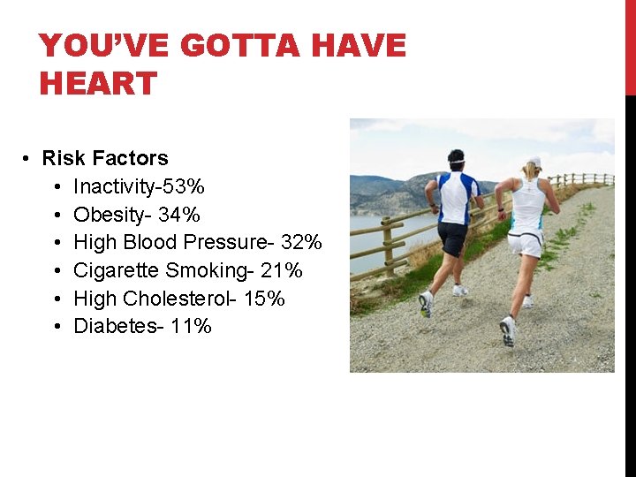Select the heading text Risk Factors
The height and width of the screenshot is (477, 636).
click(x=105, y=158)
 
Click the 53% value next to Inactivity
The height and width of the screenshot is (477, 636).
click(x=188, y=186)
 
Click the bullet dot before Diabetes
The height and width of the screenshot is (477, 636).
click(x=56, y=327)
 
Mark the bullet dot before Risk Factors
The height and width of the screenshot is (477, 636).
click(x=26, y=159)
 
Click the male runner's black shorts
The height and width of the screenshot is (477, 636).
click(x=452, y=238)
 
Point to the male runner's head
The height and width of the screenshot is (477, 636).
click(x=456, y=160)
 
